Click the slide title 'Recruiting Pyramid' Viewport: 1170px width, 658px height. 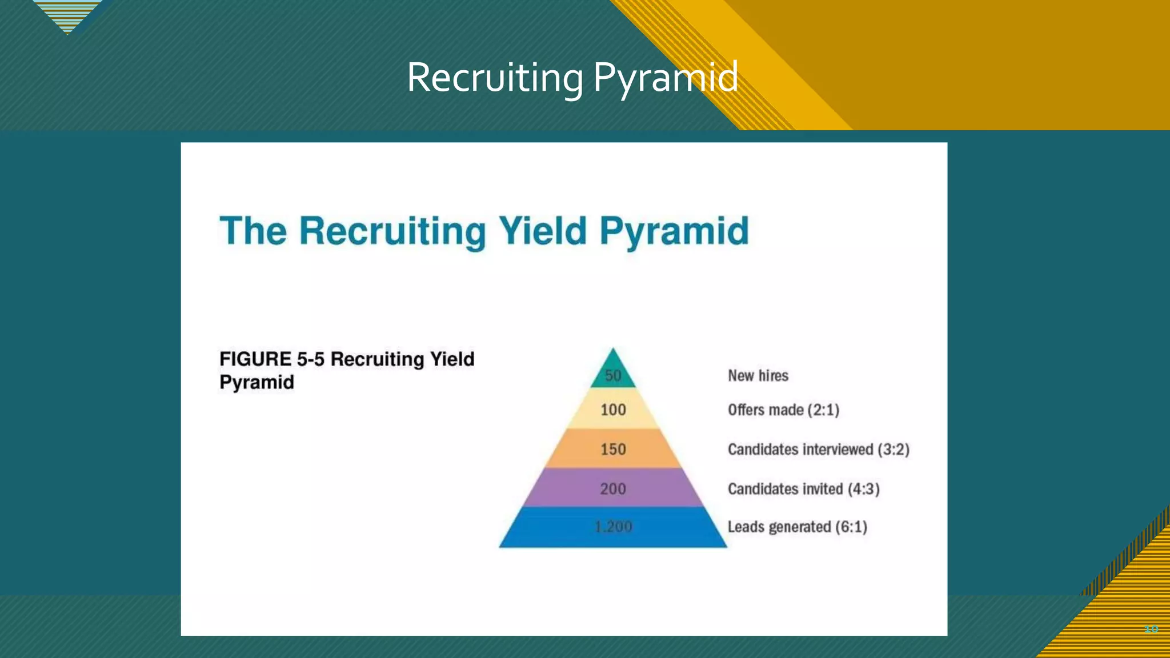coord(572,78)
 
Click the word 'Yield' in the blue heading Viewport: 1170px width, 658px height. coord(543,231)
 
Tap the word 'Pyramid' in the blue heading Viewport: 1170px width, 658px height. coord(674,231)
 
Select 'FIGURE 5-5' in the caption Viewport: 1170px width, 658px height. coord(272,359)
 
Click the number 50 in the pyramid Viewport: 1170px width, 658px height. coord(613,376)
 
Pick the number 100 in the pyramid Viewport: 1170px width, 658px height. coord(613,410)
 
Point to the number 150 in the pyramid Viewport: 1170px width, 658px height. coord(613,450)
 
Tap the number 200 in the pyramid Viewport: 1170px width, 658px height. coord(613,489)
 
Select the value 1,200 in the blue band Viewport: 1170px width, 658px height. coord(613,527)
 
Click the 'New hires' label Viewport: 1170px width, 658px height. coord(758,376)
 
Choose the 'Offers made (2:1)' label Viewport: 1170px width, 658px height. coord(783,410)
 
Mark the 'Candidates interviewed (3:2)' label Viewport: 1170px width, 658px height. coord(818,450)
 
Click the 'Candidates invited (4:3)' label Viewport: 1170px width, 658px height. coord(803,489)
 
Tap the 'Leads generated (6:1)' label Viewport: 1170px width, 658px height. coord(797,527)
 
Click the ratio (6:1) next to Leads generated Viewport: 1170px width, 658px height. coord(851,527)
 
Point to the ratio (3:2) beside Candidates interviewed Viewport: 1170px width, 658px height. coord(893,450)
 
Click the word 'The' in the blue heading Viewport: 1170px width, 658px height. coord(253,231)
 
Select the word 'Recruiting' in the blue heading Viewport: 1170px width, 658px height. coord(392,231)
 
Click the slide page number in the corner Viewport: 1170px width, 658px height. coord(1151,629)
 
